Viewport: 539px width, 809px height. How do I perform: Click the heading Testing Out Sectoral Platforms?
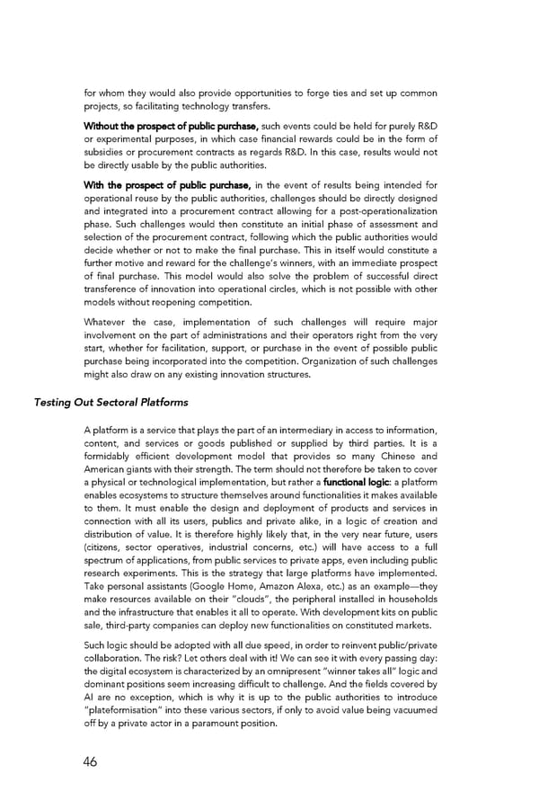tap(110, 402)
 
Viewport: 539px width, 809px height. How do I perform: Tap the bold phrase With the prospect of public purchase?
tap(166, 186)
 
